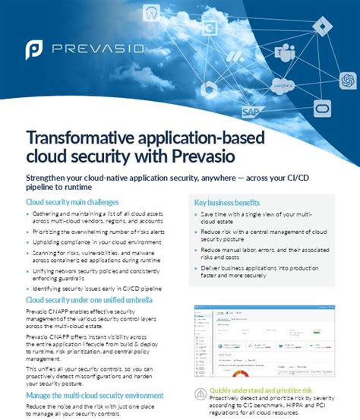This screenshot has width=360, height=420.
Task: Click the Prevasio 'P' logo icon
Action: pos(34,51)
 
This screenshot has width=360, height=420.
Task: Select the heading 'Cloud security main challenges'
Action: pos(72,202)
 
